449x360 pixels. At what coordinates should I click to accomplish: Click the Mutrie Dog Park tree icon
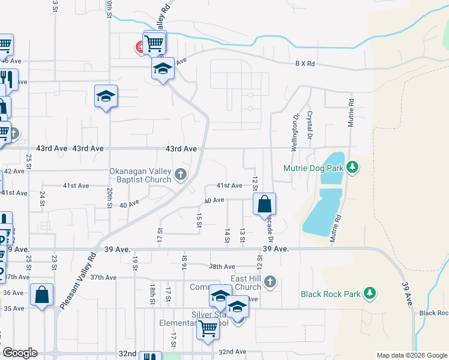[x=354, y=168]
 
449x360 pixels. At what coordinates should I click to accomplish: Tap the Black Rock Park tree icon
[x=371, y=293]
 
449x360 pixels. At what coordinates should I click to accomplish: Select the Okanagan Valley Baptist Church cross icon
[x=181, y=175]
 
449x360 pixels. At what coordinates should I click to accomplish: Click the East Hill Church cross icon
[x=271, y=281]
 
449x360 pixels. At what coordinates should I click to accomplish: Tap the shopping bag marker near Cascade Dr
[x=264, y=205]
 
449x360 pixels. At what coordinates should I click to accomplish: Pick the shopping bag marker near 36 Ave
[x=41, y=295]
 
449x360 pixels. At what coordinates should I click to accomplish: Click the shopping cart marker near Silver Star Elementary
[x=208, y=328]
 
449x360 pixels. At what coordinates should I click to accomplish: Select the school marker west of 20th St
[x=106, y=96]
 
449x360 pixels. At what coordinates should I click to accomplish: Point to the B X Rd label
[x=305, y=64]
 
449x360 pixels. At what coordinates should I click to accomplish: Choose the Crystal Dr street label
[x=310, y=123]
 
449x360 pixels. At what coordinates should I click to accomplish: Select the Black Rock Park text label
[x=331, y=294]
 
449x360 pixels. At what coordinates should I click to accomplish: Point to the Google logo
[x=20, y=353]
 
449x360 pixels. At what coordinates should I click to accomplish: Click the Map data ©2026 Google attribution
[x=412, y=355]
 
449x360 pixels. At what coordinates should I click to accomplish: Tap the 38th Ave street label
[x=221, y=266]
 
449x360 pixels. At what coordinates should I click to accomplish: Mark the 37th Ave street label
[x=103, y=277]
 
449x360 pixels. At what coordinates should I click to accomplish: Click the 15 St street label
[x=199, y=220]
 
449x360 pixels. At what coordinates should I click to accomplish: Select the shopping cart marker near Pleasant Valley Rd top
[x=154, y=41]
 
